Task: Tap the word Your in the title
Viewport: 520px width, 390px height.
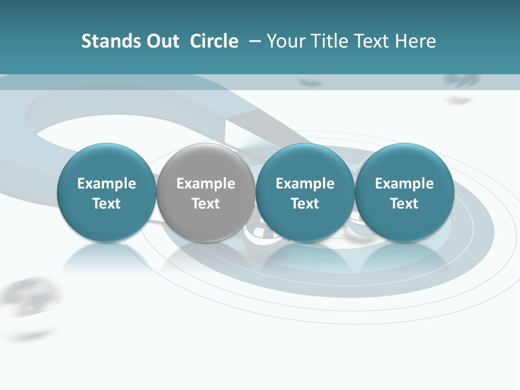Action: point(284,41)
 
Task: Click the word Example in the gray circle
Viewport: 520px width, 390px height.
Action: point(206,184)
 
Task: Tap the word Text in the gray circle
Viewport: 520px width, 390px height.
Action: point(206,204)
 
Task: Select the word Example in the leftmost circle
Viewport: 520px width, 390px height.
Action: point(107,184)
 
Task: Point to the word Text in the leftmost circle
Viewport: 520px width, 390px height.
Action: point(107,204)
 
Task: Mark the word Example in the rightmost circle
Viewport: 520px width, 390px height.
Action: point(404,184)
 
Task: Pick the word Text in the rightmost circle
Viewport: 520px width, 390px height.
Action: point(404,204)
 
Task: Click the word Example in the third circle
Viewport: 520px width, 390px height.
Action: point(305,184)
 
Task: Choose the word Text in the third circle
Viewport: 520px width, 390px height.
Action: point(305,204)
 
